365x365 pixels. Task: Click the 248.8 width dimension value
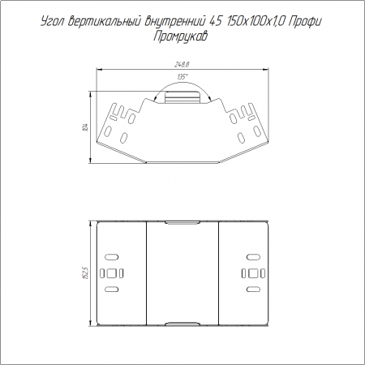tap(182, 65)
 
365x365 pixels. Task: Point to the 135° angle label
tap(182, 77)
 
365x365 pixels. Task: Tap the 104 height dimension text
tap(86, 127)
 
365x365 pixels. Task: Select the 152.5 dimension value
tap(86, 273)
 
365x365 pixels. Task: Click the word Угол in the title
tap(53, 22)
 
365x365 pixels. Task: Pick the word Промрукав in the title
tap(181, 36)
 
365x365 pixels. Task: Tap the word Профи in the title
tap(305, 22)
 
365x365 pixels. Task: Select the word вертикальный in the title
tap(105, 22)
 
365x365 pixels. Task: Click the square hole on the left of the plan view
tap(111, 273)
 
